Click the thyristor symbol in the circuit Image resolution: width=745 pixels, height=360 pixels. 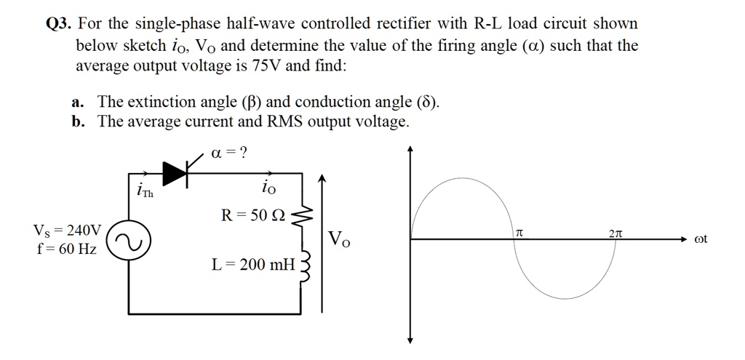coord(178,172)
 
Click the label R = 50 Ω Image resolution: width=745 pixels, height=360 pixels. coord(255,215)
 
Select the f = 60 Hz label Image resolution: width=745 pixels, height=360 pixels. coord(65,249)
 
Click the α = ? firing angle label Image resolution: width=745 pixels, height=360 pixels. coord(228,152)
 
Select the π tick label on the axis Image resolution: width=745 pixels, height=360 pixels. coord(519,231)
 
